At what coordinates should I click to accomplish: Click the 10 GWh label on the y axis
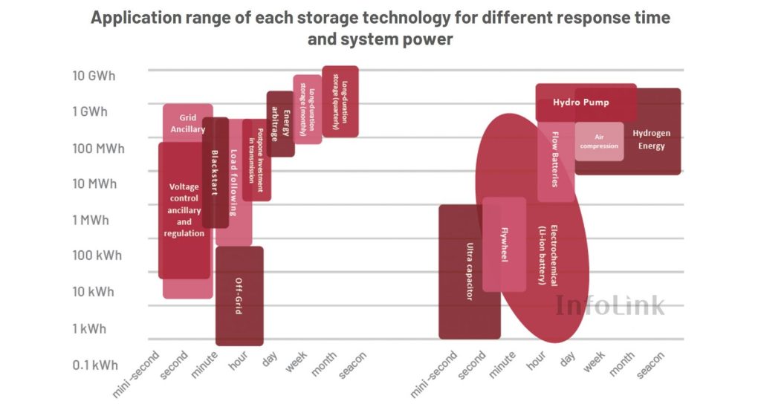click(94, 76)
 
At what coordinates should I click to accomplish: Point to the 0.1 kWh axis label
click(94, 365)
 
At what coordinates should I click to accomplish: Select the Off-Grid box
click(239, 296)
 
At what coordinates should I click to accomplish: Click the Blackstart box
click(215, 172)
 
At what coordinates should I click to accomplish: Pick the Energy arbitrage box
click(280, 123)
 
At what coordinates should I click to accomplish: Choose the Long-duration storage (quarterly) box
click(340, 101)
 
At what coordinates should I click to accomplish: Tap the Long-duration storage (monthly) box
click(307, 108)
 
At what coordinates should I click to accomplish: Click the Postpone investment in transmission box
click(256, 160)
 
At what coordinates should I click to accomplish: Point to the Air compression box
click(599, 141)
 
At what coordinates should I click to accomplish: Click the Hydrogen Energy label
click(651, 140)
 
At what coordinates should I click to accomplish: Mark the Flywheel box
click(504, 244)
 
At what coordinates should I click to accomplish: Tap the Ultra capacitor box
click(469, 271)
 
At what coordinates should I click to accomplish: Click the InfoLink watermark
click(610, 304)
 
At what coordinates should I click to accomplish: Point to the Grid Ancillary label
click(187, 123)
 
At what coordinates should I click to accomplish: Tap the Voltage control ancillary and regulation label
click(184, 210)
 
